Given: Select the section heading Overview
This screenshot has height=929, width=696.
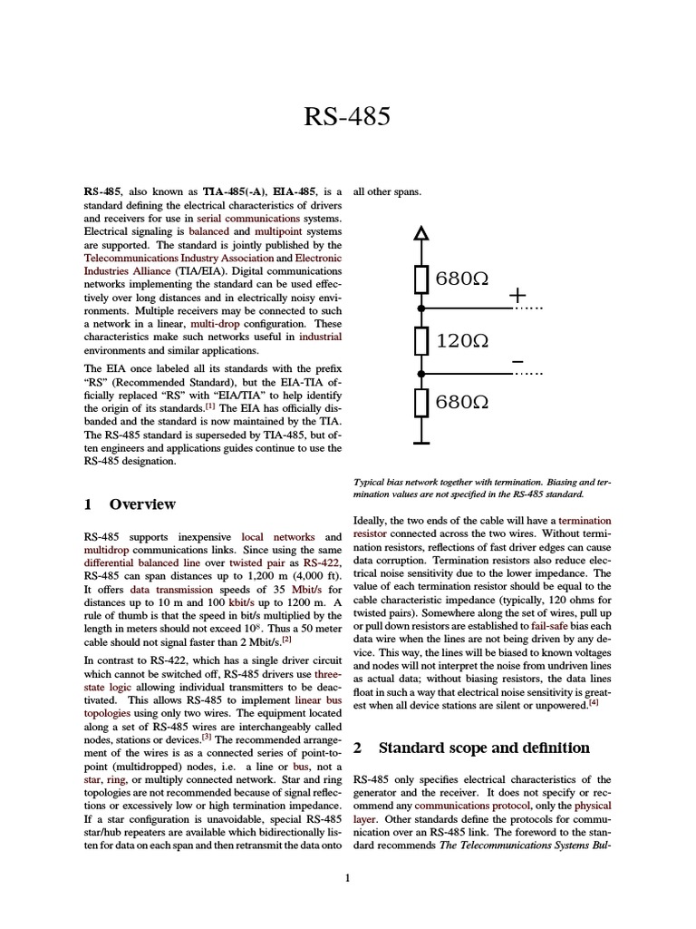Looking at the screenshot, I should (x=142, y=504).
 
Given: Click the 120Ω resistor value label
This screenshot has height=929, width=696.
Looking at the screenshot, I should (x=462, y=341).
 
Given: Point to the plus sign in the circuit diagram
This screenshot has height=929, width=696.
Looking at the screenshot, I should (x=517, y=296).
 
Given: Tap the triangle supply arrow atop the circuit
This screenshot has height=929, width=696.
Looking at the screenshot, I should (x=420, y=234).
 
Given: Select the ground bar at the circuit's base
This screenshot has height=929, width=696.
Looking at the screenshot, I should (x=420, y=443).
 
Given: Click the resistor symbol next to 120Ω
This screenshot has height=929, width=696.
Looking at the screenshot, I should (x=420, y=341).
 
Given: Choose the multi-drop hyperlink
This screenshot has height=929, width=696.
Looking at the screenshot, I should (x=214, y=323).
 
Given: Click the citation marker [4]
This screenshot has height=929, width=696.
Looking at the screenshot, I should (x=594, y=700).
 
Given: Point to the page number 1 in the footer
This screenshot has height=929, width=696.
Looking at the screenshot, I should (x=348, y=876).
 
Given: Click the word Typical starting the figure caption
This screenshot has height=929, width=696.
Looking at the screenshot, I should (x=368, y=483).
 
